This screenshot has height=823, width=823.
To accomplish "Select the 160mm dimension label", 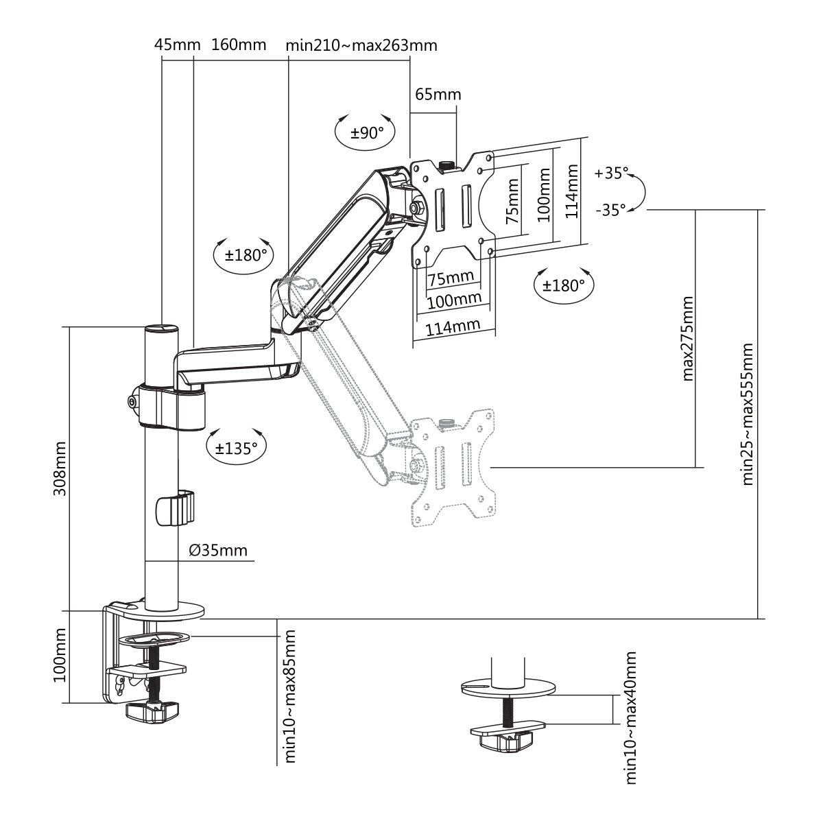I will click(x=238, y=45).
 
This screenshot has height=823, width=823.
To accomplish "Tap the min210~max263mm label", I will click(x=361, y=45).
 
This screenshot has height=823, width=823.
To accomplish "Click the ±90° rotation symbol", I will click(x=367, y=132).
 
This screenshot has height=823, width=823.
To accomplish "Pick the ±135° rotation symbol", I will click(x=236, y=449).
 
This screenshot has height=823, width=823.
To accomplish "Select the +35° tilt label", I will click(x=612, y=173).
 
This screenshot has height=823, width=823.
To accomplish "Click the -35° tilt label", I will click(x=610, y=210).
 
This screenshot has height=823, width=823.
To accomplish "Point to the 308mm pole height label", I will click(x=60, y=470).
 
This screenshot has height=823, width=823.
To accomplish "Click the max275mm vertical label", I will click(x=688, y=337).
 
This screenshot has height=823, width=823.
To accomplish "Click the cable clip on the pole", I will click(x=174, y=508).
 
